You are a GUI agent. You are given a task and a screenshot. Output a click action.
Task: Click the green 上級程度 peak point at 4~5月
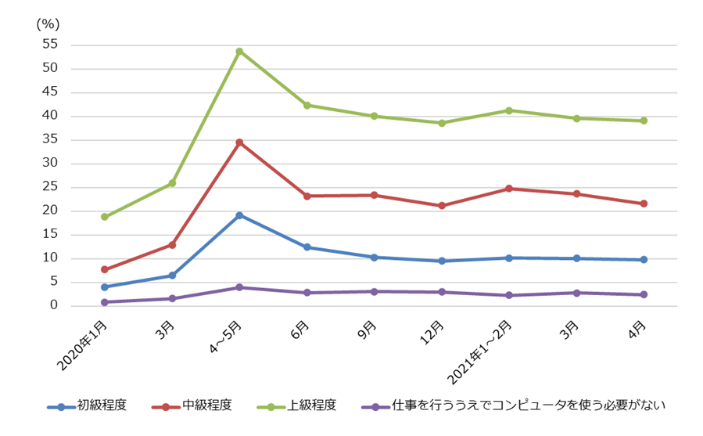point(239,52)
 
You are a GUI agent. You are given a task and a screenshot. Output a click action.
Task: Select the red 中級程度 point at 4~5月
point(239,142)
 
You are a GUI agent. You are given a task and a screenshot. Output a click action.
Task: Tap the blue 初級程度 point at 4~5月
point(239,215)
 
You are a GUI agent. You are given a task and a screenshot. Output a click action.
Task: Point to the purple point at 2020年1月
point(104,302)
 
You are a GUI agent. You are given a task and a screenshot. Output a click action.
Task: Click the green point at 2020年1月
point(104,217)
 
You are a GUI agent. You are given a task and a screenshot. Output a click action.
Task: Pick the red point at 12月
point(442,206)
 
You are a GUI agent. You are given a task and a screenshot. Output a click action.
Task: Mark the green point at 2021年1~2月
point(509,110)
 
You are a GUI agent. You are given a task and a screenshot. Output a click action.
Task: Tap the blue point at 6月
point(307,247)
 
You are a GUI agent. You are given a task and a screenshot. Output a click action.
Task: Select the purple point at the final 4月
point(644,294)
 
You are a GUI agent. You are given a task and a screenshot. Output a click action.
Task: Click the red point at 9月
point(375,195)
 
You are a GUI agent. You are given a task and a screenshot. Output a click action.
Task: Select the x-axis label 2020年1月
point(84,345)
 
